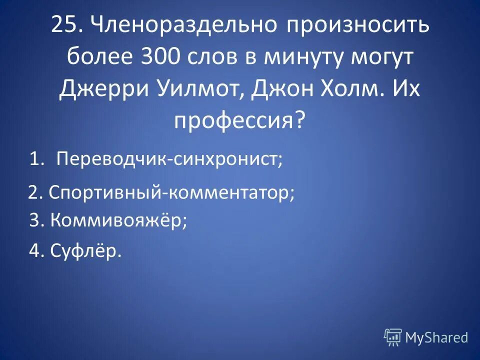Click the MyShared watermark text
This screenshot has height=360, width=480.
(x=436, y=337)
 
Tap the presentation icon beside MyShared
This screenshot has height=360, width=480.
(x=393, y=337)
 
